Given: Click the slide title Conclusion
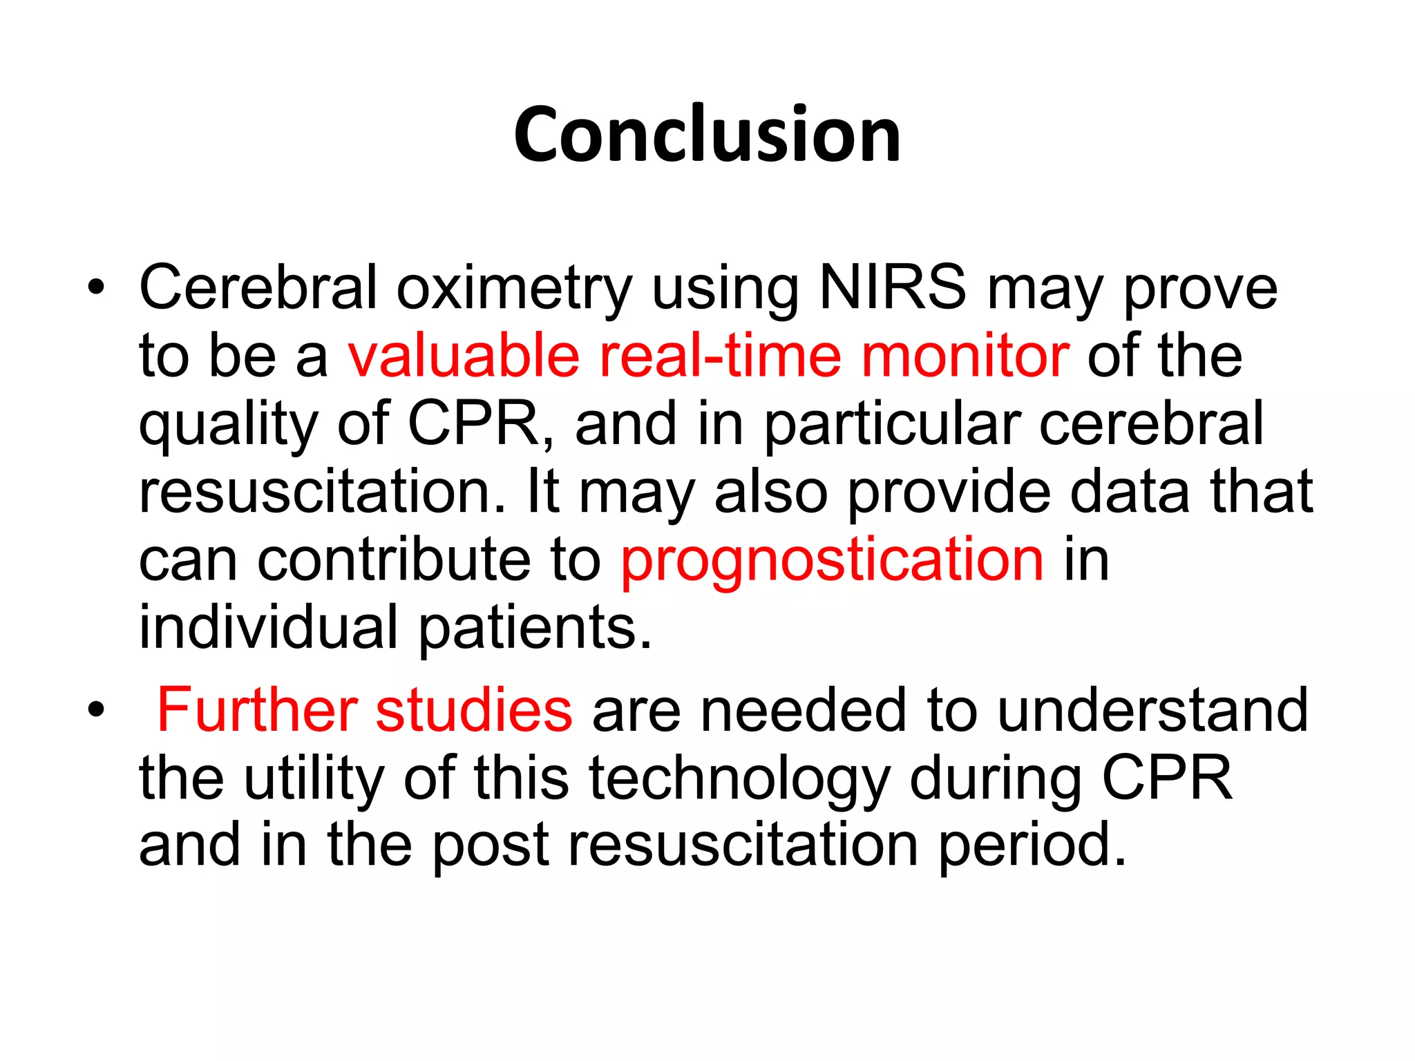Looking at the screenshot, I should coord(707,135).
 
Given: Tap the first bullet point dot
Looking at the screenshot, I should coord(96,287).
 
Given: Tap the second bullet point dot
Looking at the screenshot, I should coord(96,709).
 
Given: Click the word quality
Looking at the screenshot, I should coord(228,424).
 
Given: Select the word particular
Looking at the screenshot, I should coord(892,424).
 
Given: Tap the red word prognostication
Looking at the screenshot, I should coord(832,561).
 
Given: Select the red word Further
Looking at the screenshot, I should coord(257,709).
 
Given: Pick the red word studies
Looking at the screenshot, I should coord(474,709).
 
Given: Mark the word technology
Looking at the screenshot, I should coord(739,779).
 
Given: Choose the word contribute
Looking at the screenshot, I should coord(395,560).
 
